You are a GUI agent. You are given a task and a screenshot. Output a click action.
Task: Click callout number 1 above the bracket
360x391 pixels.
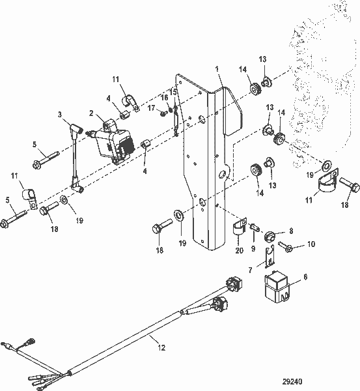click(217, 68)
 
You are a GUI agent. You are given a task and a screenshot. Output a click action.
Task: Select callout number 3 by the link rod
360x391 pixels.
click(61, 115)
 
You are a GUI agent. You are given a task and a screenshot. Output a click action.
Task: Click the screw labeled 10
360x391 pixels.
click(285, 245)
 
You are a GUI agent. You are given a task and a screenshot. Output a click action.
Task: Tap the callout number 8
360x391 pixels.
click(290, 230)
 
